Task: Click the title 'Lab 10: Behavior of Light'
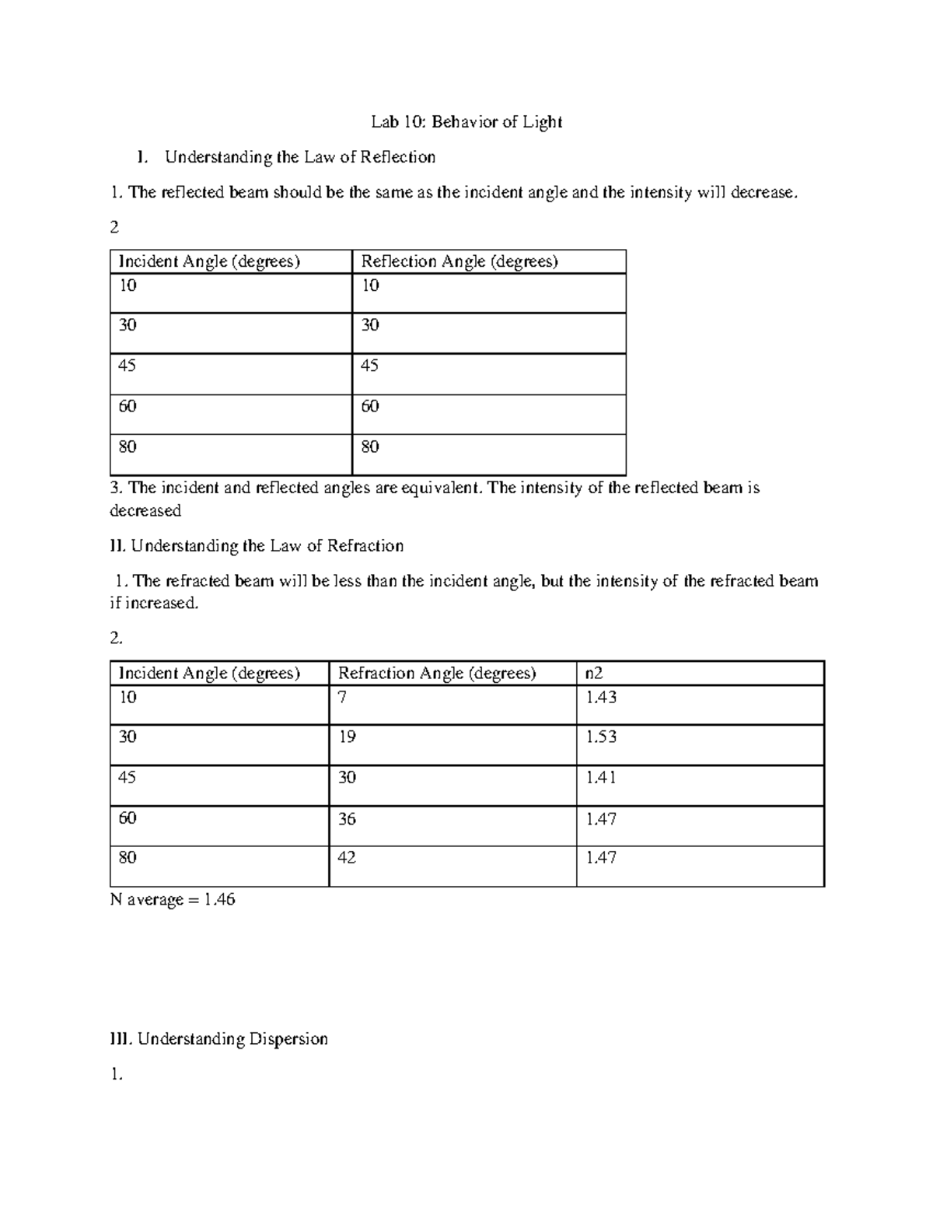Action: (466, 122)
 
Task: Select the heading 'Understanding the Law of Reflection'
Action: (299, 157)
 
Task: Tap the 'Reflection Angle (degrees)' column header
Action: (460, 261)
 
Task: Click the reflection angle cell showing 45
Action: (370, 366)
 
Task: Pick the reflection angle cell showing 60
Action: (370, 406)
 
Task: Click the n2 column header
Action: (593, 673)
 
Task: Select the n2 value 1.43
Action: (601, 698)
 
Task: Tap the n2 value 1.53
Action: (601, 737)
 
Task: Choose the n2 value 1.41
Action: (601, 777)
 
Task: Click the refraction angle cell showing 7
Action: (342, 698)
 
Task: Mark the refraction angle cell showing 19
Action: (347, 737)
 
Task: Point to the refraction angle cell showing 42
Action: (347, 858)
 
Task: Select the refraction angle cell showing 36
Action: (347, 818)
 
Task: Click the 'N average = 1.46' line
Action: (173, 900)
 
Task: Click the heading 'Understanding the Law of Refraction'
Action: (267, 546)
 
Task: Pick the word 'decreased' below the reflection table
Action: (145, 510)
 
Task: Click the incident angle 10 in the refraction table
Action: (128, 698)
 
